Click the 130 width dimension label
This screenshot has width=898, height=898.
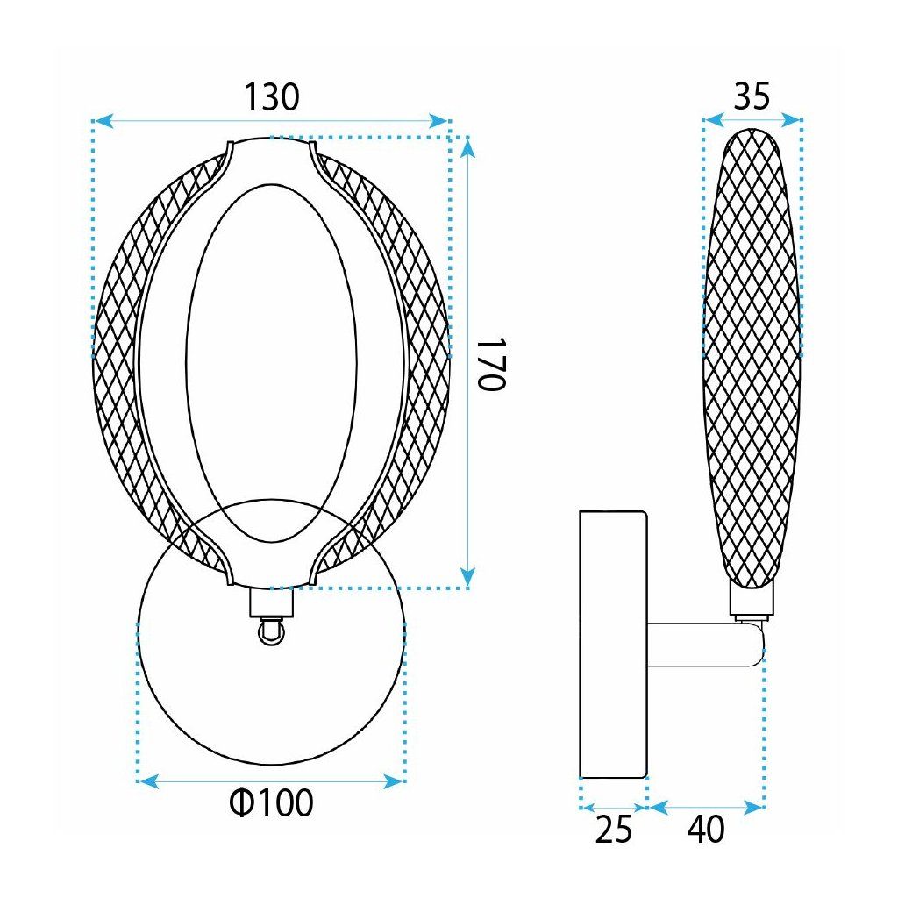[271, 97]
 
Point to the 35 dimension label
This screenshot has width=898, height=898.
[752, 96]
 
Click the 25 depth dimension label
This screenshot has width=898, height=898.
[613, 829]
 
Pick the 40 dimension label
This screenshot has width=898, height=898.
[707, 829]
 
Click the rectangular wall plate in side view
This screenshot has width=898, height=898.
[613, 645]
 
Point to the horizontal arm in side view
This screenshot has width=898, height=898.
[702, 645]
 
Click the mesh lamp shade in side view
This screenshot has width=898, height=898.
[752, 351]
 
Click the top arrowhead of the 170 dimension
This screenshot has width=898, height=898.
[468, 149]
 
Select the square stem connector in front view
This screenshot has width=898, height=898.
[271, 602]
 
